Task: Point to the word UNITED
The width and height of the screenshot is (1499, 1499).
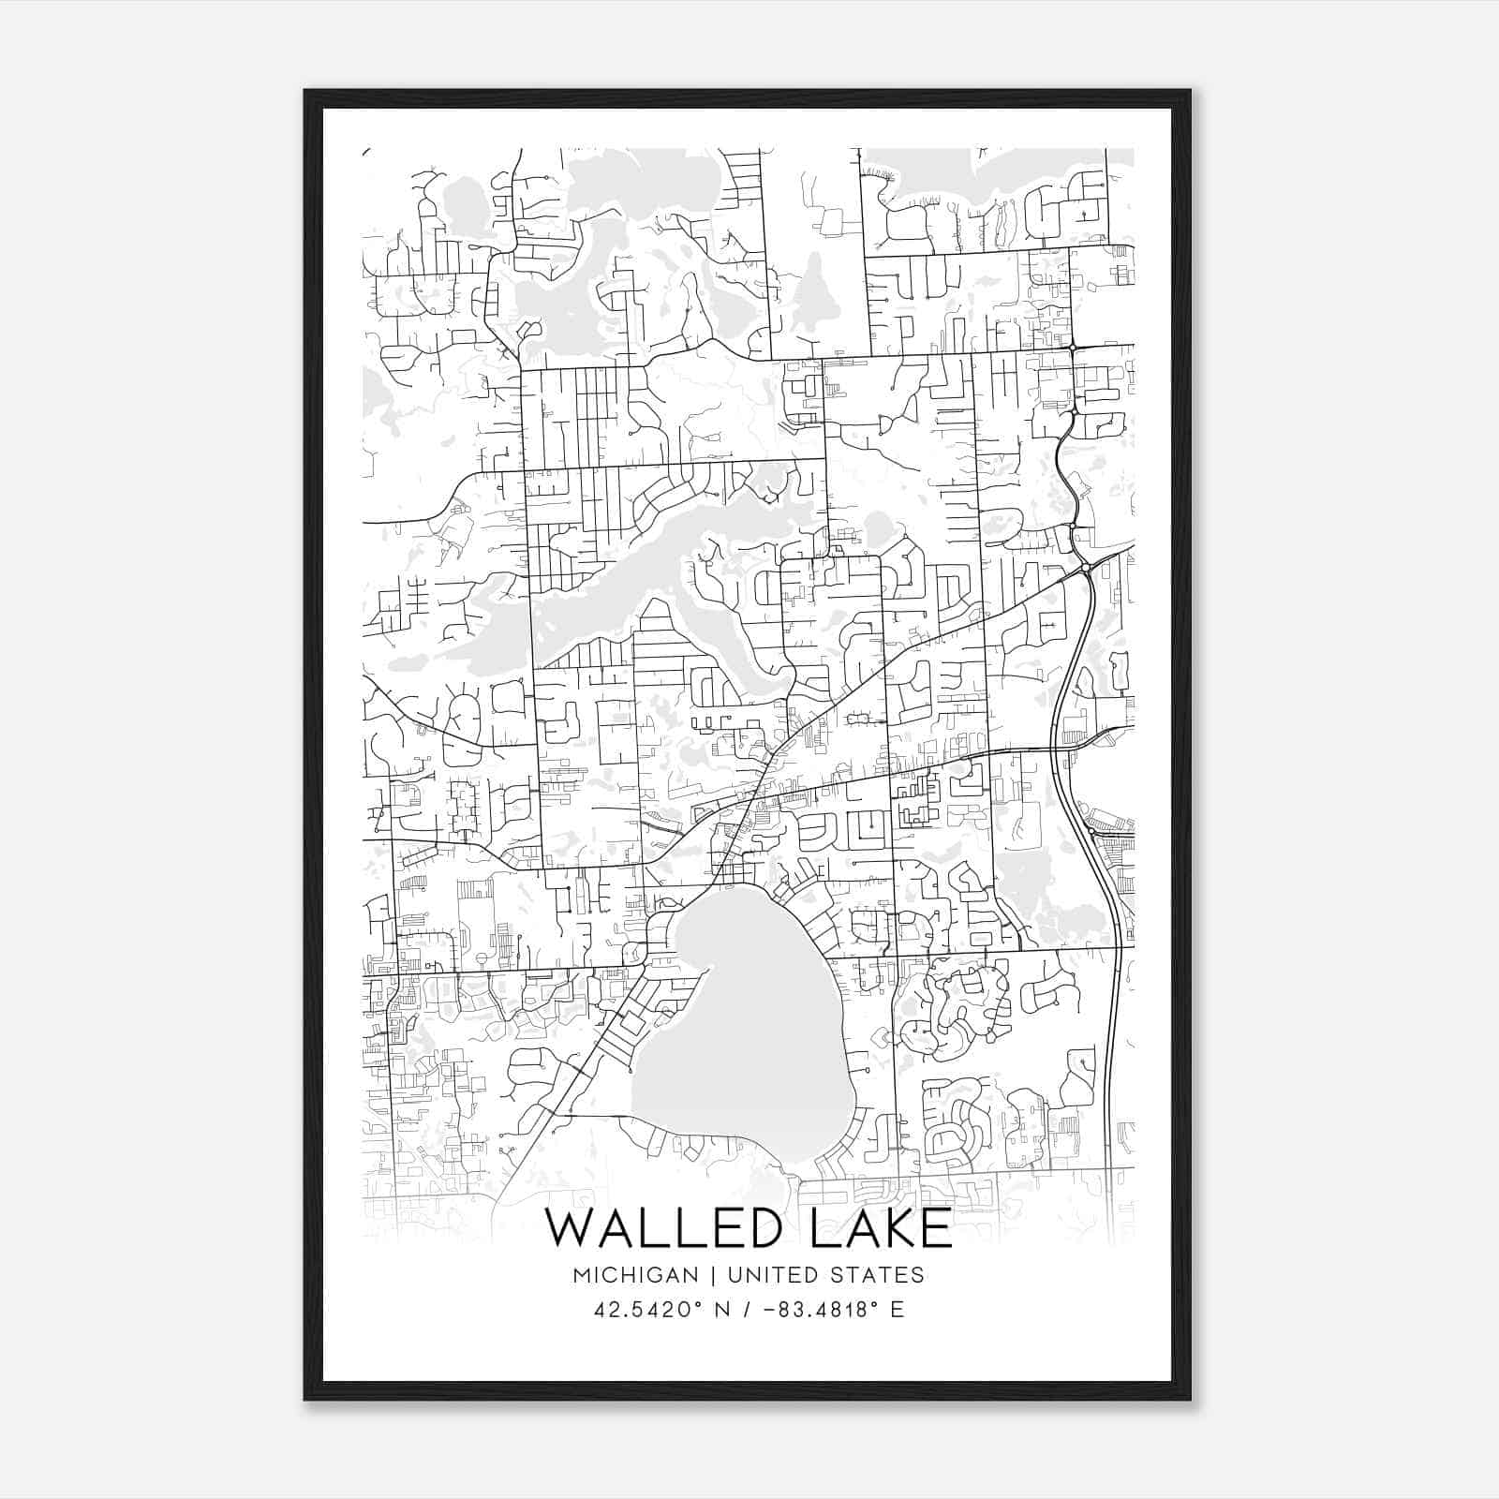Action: (766, 1275)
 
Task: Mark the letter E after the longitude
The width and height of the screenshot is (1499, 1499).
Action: (898, 1310)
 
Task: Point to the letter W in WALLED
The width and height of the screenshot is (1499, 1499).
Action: (570, 1228)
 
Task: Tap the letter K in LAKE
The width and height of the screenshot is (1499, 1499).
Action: (897, 1228)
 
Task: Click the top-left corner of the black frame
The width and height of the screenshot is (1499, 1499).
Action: (305, 91)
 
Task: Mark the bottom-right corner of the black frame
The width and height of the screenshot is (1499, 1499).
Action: (1190, 1399)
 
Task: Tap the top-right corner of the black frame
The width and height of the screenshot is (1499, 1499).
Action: (1190, 91)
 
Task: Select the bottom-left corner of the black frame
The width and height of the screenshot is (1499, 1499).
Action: (305, 1399)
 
